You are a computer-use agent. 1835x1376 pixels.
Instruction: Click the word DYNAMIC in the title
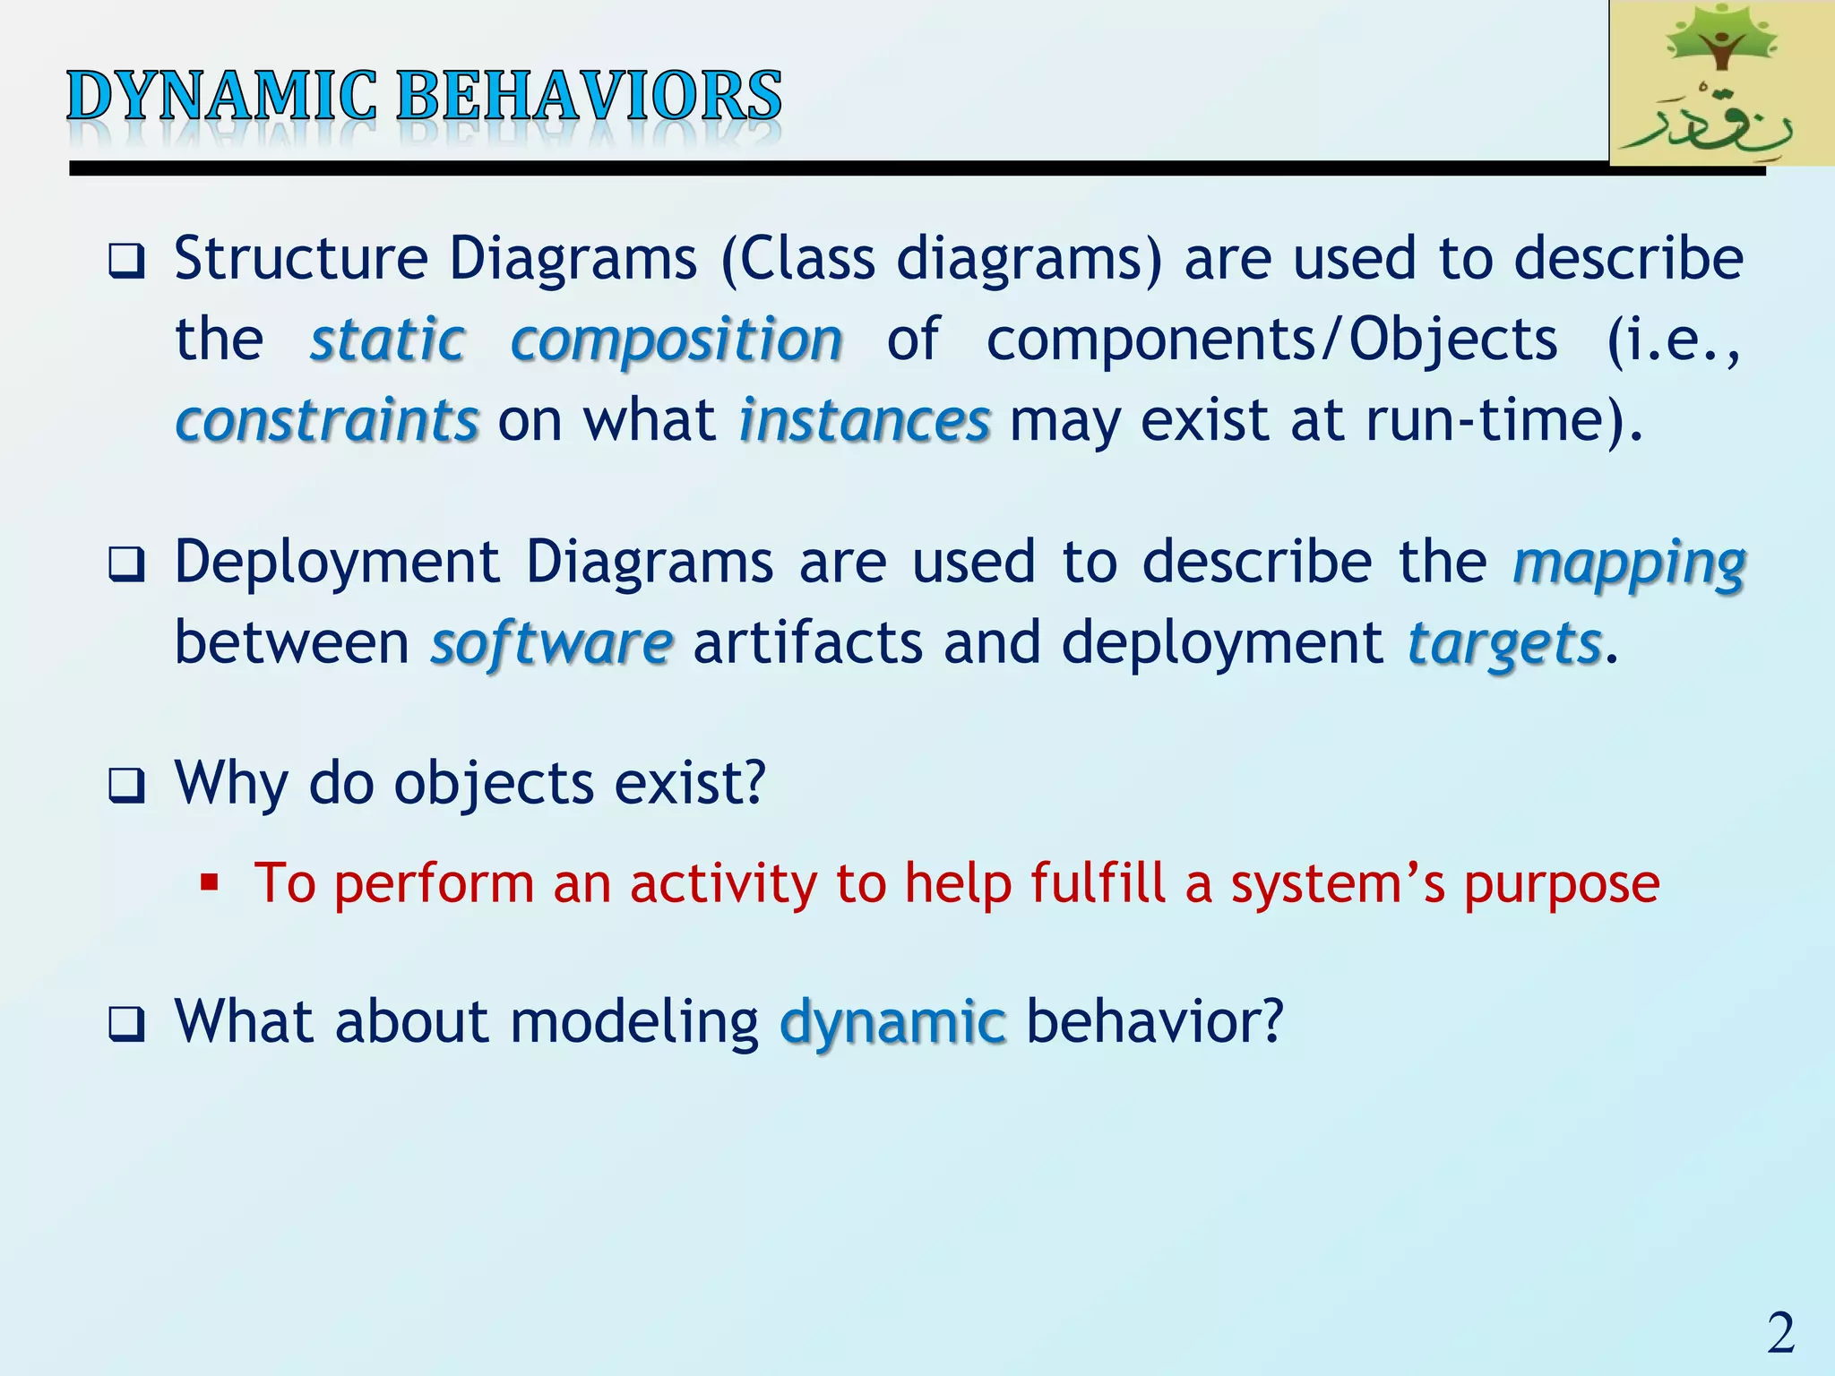click(222, 96)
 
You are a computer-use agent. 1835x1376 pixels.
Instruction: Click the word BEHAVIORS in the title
click(589, 96)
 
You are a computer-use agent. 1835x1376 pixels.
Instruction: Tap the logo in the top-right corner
click(1721, 82)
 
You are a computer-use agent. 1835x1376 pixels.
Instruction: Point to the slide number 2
click(1781, 1332)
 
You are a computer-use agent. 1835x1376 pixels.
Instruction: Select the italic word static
click(388, 340)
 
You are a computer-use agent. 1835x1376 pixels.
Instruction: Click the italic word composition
click(676, 341)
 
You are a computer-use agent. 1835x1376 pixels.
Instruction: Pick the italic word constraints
click(327, 420)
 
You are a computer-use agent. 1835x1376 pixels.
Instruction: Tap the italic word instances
click(865, 420)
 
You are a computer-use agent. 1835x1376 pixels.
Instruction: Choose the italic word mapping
click(1629, 564)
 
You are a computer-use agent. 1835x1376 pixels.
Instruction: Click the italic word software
click(551, 642)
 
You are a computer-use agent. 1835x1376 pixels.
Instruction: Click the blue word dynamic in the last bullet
click(892, 1022)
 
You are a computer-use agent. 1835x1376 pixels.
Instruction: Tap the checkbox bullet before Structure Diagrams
click(126, 262)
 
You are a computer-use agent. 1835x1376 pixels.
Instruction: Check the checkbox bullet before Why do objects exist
click(126, 786)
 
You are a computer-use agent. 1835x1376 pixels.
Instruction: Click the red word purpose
click(1562, 885)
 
